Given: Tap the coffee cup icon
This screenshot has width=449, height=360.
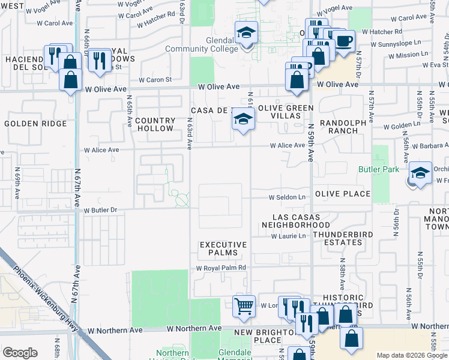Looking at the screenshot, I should tap(344, 41).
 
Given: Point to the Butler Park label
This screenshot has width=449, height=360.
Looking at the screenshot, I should tap(378, 170).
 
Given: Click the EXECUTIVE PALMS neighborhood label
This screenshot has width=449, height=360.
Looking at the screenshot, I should tap(223, 249).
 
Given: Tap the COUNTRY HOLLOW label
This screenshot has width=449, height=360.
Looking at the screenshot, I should tap(154, 124).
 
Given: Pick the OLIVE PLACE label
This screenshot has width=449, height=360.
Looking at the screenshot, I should tap(343, 194).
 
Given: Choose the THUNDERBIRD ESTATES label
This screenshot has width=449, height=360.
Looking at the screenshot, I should tap(337, 238).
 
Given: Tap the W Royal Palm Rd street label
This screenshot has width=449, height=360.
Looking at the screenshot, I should tap(221, 268).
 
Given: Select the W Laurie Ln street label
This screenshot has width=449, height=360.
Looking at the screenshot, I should tap(288, 236).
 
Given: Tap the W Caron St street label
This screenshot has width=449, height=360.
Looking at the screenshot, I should tap(155, 79).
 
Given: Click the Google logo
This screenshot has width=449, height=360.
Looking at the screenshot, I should tap(20, 353).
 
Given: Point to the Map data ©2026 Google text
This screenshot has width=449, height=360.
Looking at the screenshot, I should tap(411, 355).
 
